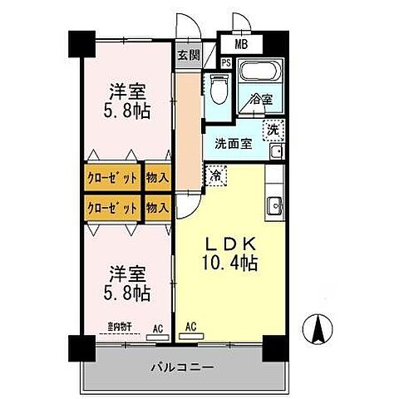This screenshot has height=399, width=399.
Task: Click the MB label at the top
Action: pyautogui.click(x=241, y=43)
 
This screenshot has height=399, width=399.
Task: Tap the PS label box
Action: pyautogui.click(x=226, y=62)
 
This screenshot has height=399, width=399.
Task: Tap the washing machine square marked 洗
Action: pyautogui.click(x=273, y=129)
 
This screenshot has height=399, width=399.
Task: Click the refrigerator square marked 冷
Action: pyautogui.click(x=215, y=175)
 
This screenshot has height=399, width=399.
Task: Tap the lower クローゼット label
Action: pyautogui.click(x=112, y=208)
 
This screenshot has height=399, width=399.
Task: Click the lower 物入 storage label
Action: pyautogui.click(x=158, y=208)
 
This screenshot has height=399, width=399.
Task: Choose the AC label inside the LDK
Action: pyautogui.click(x=190, y=327)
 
